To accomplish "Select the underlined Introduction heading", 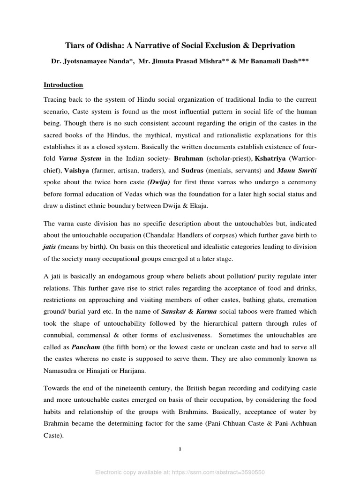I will pyautogui.click(x=63, y=85).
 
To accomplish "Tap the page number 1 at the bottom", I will pyautogui.click(x=180, y=450).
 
